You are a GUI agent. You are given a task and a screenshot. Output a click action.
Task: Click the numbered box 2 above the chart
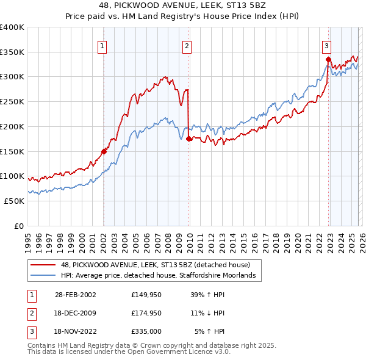pyautogui.click(x=186, y=45)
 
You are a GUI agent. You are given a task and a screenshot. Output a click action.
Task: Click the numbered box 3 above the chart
pyautogui.click(x=327, y=45)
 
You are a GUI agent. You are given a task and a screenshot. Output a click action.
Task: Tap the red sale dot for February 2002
pyautogui.click(x=104, y=151)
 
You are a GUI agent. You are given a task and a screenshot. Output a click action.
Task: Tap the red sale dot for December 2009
pyautogui.click(x=189, y=139)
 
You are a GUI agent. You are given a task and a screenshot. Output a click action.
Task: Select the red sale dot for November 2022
pyautogui.click(x=328, y=59)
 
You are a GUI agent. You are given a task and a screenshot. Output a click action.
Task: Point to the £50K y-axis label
pyautogui.click(x=14, y=201)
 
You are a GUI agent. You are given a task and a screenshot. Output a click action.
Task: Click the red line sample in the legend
pyautogui.click(x=44, y=265)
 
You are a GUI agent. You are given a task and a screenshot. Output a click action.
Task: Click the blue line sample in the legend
pyautogui.click(x=44, y=276)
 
